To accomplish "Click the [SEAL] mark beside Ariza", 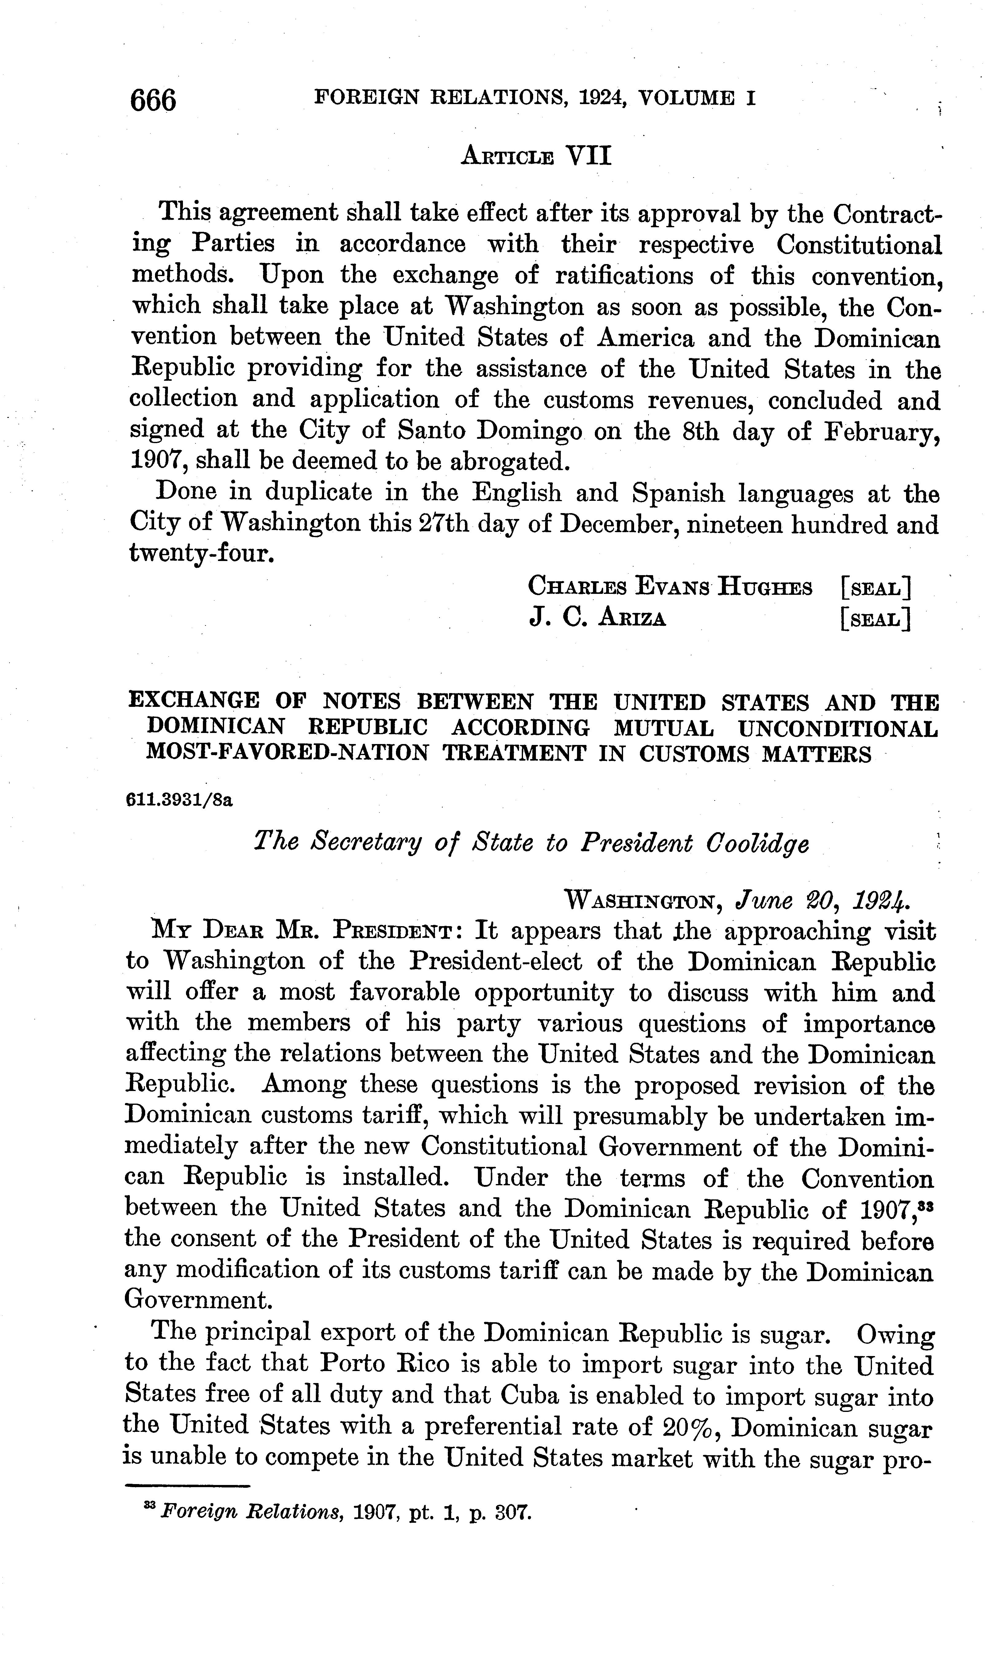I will pyautogui.click(x=875, y=619).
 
